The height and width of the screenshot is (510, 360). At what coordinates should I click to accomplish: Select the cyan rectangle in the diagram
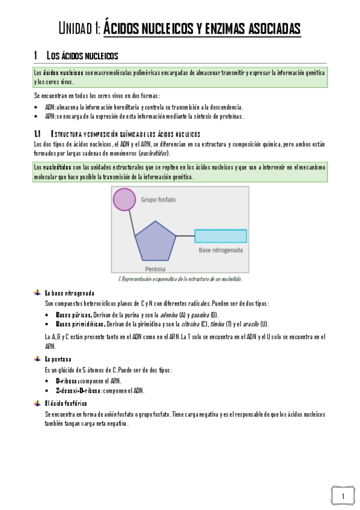[220, 236]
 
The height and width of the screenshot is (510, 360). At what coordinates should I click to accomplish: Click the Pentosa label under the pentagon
[155, 269]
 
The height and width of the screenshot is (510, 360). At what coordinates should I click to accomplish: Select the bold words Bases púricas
[73, 315]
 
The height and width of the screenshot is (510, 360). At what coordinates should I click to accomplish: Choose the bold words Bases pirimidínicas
[80, 324]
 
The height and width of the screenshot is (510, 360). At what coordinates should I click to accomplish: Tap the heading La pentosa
[58, 359]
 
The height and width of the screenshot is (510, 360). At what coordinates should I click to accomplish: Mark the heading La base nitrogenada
[69, 293]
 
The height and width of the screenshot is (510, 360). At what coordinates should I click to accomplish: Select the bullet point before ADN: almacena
[37, 106]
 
